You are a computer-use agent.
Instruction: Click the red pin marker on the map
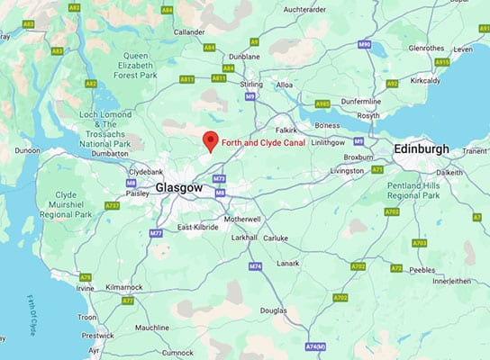click(210, 141)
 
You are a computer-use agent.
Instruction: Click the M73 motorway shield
click(219, 178)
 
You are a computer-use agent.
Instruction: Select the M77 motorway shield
click(156, 233)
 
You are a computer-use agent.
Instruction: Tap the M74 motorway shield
click(255, 266)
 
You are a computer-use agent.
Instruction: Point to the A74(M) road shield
click(314, 346)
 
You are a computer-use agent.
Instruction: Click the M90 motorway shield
click(364, 44)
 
